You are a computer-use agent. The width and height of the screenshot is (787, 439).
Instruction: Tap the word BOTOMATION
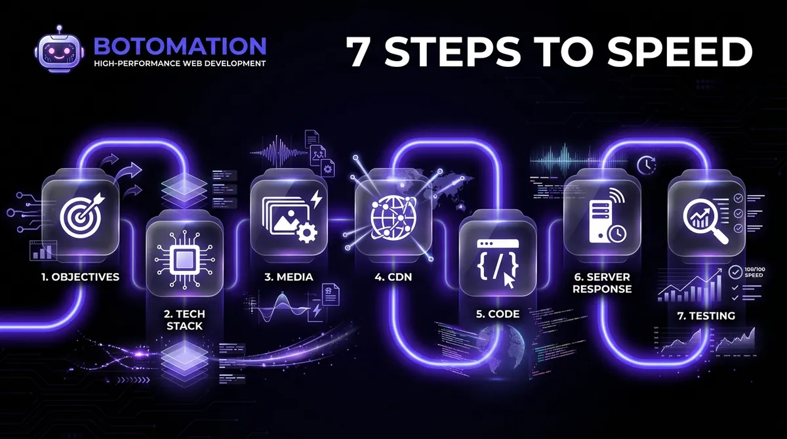[x=180, y=46]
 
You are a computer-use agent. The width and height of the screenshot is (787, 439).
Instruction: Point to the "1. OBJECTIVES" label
[x=79, y=277]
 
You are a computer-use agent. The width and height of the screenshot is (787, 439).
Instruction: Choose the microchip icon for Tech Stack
[x=184, y=253]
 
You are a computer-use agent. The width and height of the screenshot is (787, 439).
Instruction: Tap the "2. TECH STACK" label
[x=184, y=320]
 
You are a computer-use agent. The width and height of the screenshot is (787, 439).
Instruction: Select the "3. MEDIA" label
[x=289, y=277]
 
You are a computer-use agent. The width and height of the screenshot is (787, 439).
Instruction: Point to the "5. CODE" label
[x=498, y=314]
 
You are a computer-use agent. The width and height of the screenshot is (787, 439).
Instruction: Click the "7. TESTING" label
[x=706, y=316]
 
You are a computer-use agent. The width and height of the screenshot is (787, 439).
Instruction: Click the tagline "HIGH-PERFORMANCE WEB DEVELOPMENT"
[x=180, y=64]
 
